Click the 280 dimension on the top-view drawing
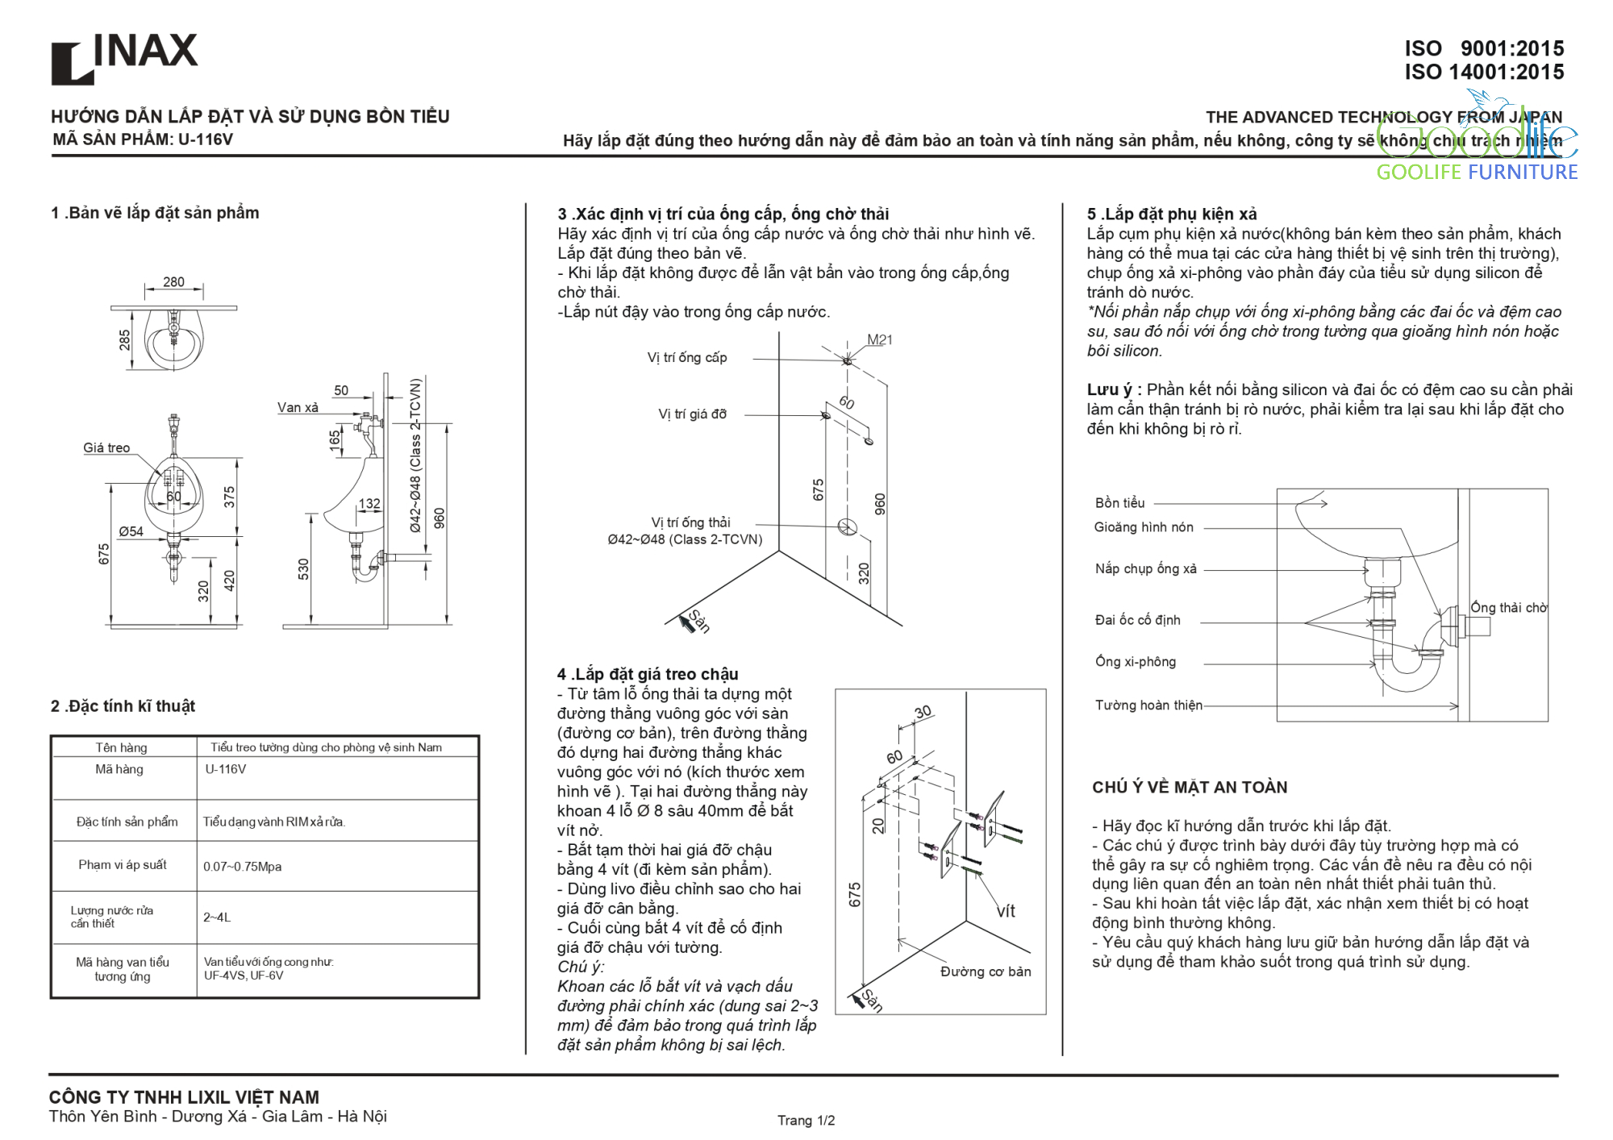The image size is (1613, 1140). [173, 282]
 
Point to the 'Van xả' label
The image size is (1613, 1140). [298, 408]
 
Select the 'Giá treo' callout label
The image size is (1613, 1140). [106, 448]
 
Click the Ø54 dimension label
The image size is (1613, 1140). [131, 532]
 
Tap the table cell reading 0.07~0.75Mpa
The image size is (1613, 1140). [242, 867]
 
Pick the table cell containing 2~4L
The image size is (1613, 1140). [217, 917]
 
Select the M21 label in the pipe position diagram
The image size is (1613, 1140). [880, 340]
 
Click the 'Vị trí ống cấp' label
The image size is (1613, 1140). [687, 358]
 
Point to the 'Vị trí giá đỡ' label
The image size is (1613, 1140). [692, 414]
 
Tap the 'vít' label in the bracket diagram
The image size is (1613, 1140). [1006, 912]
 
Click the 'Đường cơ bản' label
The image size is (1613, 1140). [986, 972]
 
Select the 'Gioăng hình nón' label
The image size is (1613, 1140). [1144, 527]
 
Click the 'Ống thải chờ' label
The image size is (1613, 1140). [1508, 608]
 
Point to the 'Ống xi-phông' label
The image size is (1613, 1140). [1136, 662]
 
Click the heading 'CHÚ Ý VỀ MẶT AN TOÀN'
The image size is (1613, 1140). [1190, 788]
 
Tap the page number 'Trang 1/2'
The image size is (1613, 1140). [806, 1121]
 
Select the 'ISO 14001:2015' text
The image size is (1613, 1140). [1484, 73]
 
